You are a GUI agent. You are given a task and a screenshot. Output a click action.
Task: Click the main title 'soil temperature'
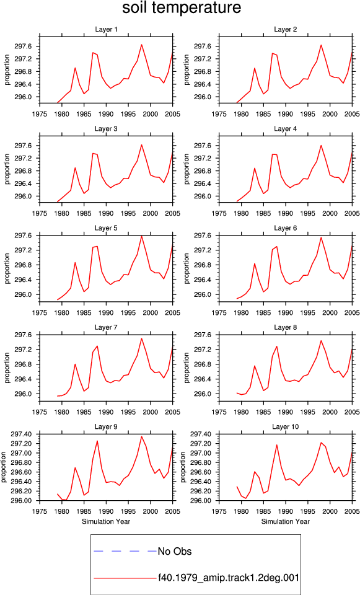pos(182,7)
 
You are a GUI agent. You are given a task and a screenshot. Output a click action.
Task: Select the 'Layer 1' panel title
pos(106,30)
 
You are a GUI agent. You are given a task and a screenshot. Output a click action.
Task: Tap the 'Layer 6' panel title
pos(285,228)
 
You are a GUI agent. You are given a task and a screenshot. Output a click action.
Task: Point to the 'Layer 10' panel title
pos(285,427)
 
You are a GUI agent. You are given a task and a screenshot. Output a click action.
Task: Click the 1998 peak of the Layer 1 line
pos(141,45)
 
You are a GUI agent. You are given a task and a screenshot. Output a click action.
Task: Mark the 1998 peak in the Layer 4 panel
pos(321,145)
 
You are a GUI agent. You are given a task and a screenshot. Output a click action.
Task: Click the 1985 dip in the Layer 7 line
pos(84,391)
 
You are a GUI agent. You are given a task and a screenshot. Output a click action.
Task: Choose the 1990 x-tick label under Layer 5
pos(106,312)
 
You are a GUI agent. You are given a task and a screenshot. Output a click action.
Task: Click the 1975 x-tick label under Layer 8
pos(219,412)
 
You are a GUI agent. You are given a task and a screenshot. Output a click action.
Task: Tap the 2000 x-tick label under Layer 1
pos(151,114)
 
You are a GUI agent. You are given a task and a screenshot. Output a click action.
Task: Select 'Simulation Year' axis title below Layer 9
pos(106,522)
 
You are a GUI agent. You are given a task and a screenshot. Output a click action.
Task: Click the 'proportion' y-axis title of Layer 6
pos(187,268)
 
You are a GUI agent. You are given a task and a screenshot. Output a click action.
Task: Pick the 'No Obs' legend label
pos(175,551)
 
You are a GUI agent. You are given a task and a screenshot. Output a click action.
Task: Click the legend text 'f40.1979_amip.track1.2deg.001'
pos(229,578)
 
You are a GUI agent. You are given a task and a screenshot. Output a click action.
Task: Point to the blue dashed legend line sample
pos(125,551)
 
